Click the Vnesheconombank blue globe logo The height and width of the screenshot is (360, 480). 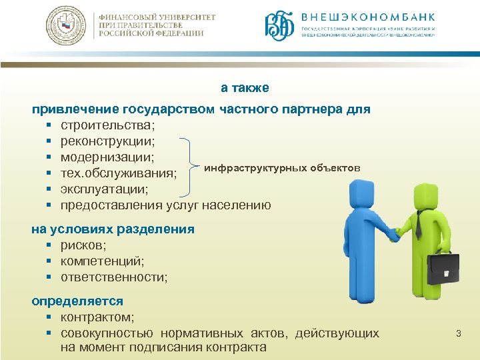click(279, 27)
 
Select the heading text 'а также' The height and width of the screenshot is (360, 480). click(245, 88)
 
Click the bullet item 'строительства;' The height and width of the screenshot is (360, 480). click(107, 125)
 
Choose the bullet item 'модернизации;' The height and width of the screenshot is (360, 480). click(107, 157)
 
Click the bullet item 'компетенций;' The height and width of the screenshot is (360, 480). click(102, 261)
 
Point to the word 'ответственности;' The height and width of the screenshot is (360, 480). click(114, 277)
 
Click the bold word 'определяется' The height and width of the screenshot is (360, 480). click(77, 301)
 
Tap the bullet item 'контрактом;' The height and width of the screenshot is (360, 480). click(97, 317)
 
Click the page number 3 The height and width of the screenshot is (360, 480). click(458, 333)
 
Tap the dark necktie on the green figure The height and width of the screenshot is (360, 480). click(419, 223)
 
